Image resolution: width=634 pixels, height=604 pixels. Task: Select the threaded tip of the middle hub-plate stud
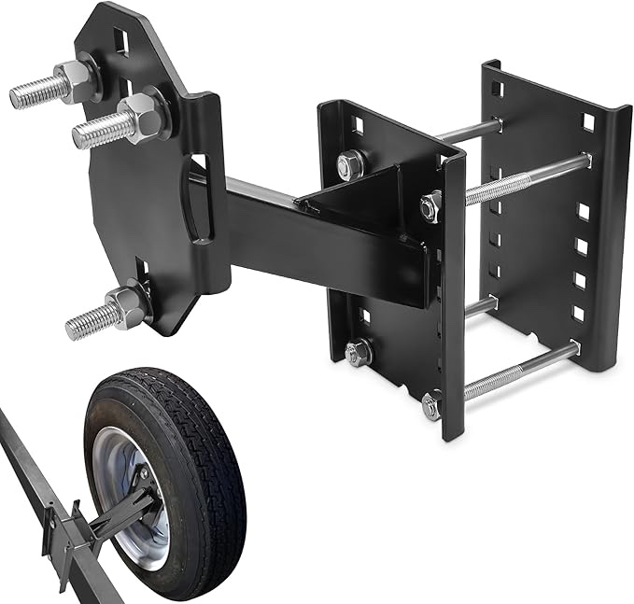click(93, 133)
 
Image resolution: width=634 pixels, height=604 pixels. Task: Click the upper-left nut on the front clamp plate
click(350, 165)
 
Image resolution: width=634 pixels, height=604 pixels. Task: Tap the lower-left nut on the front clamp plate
click(358, 353)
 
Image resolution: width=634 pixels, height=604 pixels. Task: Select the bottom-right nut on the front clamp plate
click(431, 405)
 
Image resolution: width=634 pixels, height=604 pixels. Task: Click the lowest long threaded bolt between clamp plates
click(518, 372)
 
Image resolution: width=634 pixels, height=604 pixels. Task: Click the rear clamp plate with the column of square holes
click(551, 215)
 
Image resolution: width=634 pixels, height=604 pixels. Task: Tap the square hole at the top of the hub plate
click(122, 41)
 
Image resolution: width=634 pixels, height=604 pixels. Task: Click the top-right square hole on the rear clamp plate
click(588, 121)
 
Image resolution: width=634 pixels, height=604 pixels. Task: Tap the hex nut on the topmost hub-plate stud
click(75, 81)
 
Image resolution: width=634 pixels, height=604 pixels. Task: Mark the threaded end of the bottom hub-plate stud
click(84, 324)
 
